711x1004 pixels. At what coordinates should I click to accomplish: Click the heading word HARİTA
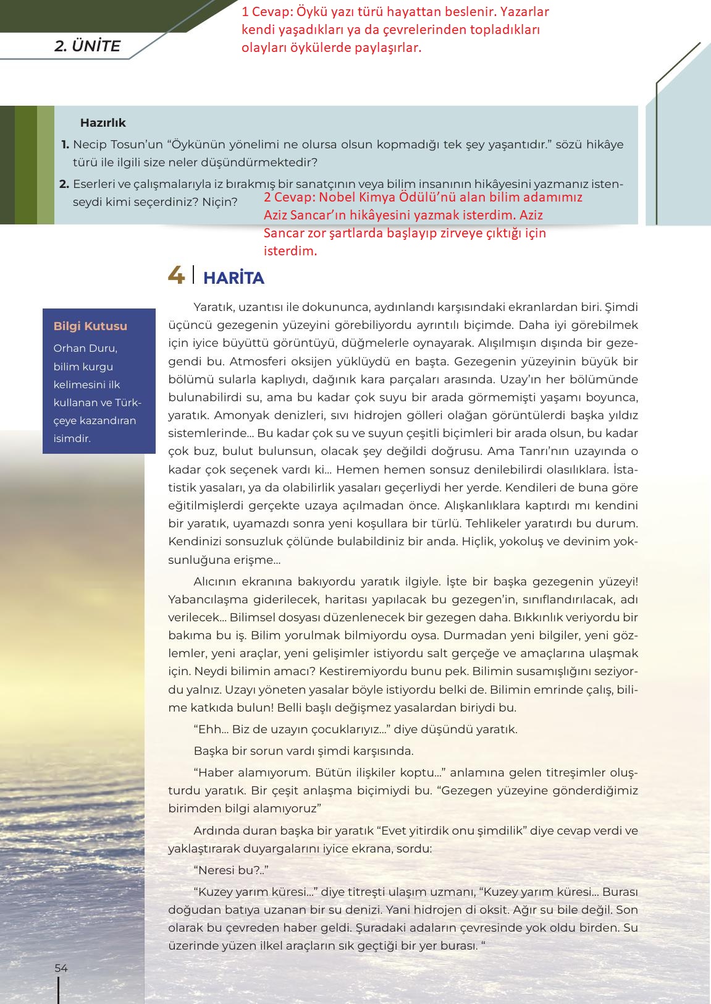click(x=233, y=278)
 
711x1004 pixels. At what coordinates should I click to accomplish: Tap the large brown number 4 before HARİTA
click(x=176, y=275)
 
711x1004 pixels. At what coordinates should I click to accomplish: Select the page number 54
click(x=61, y=968)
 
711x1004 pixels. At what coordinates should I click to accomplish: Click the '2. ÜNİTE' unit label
click(x=87, y=46)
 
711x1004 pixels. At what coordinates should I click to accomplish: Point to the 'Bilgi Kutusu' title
click(x=90, y=326)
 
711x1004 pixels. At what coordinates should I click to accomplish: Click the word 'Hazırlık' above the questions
click(x=103, y=122)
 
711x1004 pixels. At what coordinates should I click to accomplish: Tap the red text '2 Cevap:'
click(x=289, y=197)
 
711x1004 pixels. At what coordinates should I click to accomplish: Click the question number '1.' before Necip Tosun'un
click(x=65, y=145)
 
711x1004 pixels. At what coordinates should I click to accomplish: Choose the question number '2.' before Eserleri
click(x=64, y=184)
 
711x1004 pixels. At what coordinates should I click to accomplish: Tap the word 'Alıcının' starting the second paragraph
click(x=217, y=582)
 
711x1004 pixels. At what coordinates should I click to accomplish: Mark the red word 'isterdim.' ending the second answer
click(x=290, y=251)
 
